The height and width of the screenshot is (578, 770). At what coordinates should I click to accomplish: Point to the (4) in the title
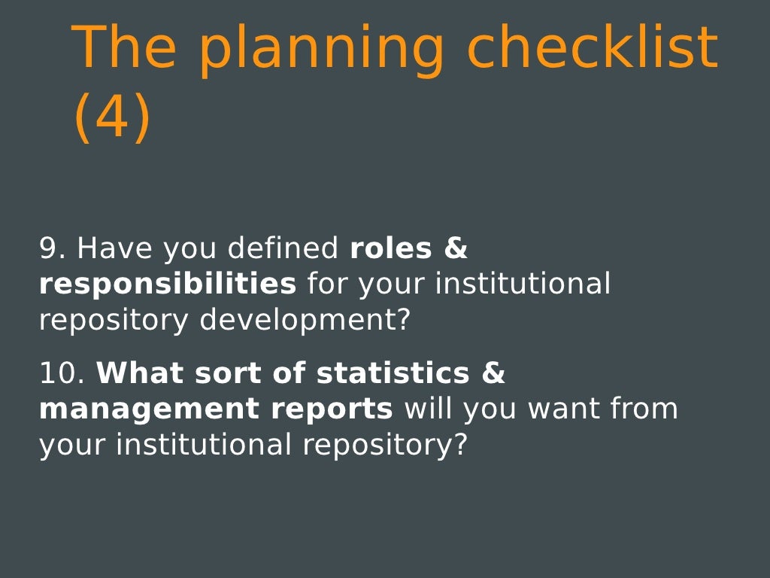(x=112, y=118)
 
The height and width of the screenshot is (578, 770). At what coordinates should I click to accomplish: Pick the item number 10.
(x=62, y=373)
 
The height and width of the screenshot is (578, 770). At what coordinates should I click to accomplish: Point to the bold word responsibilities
(x=168, y=284)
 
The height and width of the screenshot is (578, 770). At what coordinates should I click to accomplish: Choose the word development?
(x=305, y=321)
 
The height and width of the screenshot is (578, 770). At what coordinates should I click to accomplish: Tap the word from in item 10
(x=644, y=409)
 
